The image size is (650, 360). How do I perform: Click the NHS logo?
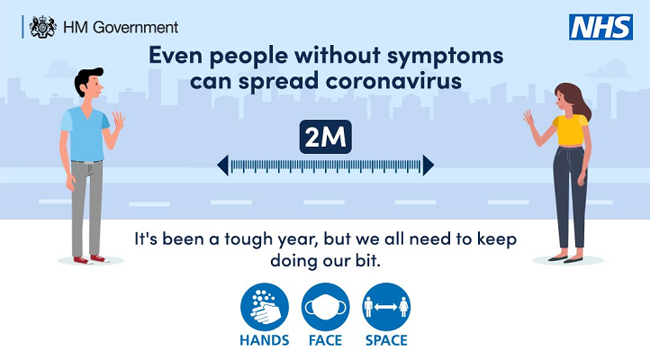(601, 27)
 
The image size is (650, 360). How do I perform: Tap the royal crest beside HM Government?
(42, 27)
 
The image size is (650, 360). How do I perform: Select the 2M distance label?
(325, 139)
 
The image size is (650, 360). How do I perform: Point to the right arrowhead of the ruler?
(429, 165)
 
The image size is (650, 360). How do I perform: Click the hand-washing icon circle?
(264, 309)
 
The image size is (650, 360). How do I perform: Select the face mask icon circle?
(324, 309)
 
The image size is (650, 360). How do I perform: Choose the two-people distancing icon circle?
(385, 309)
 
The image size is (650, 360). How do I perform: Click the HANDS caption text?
(264, 340)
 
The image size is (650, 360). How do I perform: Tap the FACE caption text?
(324, 340)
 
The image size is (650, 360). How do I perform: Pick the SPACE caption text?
(385, 340)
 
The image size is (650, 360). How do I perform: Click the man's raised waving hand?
(118, 121)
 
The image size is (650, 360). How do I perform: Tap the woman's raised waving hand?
(528, 120)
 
